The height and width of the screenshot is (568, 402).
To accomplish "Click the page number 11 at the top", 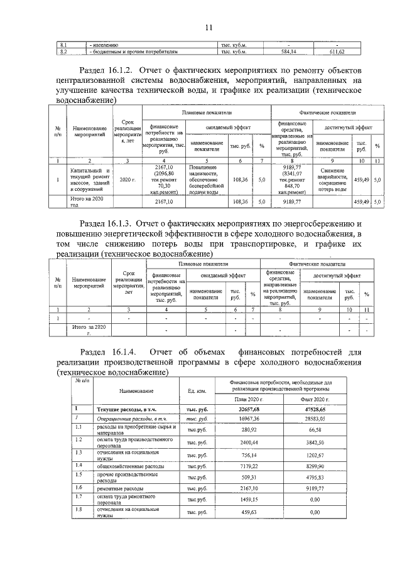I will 209,27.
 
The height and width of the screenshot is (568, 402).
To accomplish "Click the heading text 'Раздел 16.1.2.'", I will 111,70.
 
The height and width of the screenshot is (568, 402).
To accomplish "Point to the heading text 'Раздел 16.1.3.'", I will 111,223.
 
